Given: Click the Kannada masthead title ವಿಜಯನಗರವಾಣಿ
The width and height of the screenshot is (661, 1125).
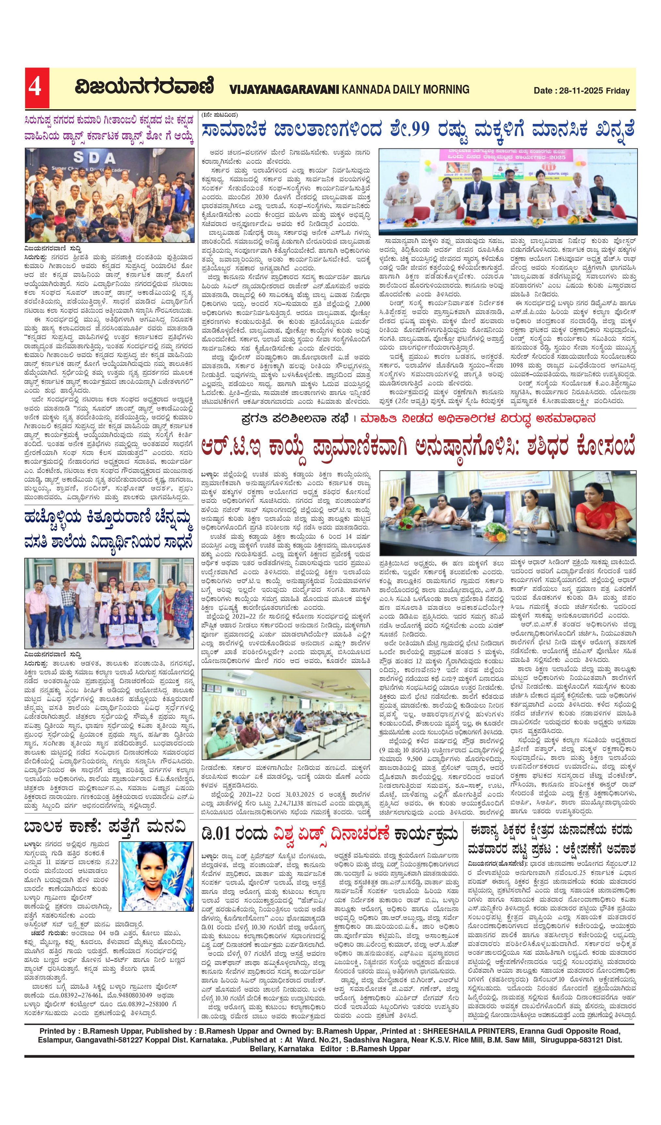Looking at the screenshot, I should click(x=144, y=87).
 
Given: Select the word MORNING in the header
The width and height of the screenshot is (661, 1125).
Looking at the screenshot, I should click(x=446, y=89).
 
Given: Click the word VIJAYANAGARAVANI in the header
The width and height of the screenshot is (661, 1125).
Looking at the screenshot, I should click(x=284, y=90).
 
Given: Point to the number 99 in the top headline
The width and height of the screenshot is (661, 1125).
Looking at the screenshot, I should click(x=415, y=129).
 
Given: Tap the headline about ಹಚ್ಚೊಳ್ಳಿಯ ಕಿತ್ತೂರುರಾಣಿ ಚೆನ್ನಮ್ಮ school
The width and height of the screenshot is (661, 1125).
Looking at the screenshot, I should click(x=109, y=530).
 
